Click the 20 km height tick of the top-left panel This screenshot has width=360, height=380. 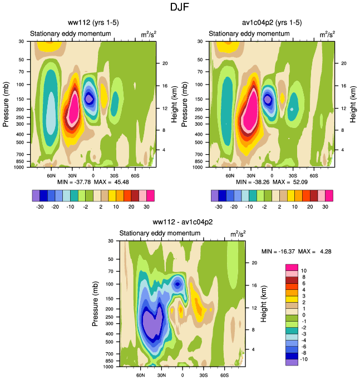[x=165, y=63]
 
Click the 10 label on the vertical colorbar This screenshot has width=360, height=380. [x=304, y=270]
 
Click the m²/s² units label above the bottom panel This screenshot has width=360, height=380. [x=239, y=235]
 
